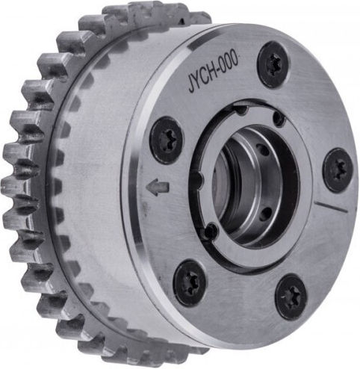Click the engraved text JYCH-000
(213, 72)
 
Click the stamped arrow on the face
(158, 187)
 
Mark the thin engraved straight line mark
(331, 206)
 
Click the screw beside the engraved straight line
(338, 170)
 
